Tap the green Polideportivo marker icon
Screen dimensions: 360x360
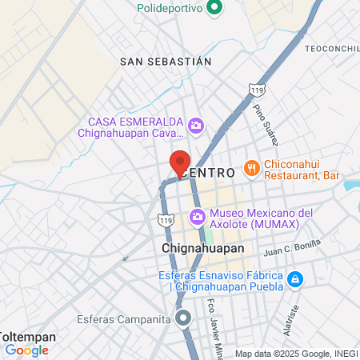214,10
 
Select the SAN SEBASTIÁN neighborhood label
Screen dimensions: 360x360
166,61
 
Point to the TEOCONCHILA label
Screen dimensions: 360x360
330,49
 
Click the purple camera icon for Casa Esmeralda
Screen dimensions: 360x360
195,126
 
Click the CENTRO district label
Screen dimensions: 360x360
209,173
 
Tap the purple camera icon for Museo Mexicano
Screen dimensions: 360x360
197,217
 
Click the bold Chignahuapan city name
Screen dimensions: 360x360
203,249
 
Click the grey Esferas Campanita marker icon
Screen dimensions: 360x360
184,318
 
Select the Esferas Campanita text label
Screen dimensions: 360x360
123,319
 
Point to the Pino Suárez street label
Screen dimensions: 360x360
266,123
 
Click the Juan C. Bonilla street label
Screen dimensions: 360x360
292,249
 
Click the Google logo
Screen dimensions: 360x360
26,350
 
